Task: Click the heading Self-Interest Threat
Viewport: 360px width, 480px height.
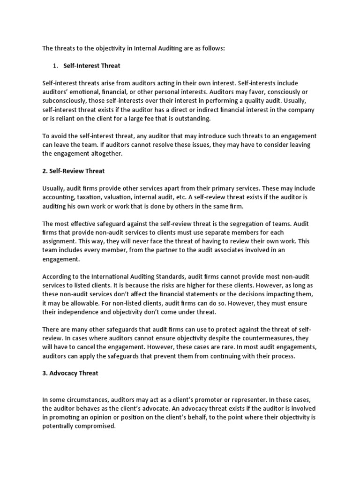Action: point(92,66)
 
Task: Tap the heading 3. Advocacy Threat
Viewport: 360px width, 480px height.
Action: point(70,373)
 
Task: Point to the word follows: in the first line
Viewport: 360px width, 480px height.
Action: point(212,48)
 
